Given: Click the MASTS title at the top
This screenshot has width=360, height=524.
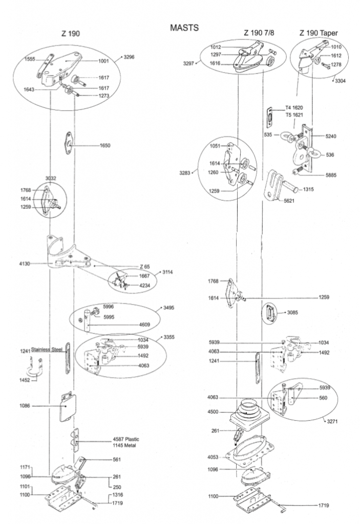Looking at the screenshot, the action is pyautogui.click(x=184, y=28).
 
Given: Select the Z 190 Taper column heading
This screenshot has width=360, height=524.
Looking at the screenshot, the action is pyautogui.click(x=319, y=33).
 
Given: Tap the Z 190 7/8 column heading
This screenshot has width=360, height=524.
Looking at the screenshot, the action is pyautogui.click(x=259, y=33).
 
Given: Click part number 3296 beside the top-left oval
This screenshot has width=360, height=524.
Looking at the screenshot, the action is pyautogui.click(x=129, y=57).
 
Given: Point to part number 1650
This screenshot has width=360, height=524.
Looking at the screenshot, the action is pyautogui.click(x=104, y=145).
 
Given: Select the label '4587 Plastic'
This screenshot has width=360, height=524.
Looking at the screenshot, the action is pyautogui.click(x=126, y=439).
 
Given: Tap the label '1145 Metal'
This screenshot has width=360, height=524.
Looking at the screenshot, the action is pyautogui.click(x=124, y=445).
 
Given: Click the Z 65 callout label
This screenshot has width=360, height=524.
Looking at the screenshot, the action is pyautogui.click(x=145, y=266).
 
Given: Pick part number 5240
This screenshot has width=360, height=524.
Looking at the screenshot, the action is pyautogui.click(x=331, y=136).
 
